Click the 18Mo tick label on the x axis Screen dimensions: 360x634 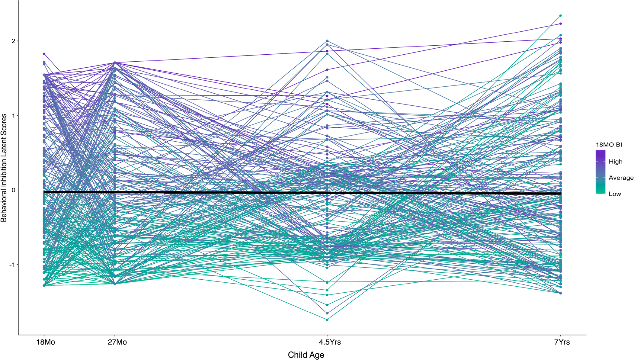click(46, 342)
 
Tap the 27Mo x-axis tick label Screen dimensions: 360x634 click(117, 342)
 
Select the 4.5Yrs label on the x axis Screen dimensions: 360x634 click(330, 342)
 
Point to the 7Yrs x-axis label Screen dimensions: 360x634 click(562, 342)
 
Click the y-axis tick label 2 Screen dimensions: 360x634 click(13, 41)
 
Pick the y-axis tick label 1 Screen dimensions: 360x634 click(13, 116)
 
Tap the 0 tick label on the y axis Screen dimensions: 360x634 click(13, 190)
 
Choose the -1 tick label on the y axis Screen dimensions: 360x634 click(12, 265)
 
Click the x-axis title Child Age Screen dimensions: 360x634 click(306, 355)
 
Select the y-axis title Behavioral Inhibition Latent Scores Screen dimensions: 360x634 click(4, 168)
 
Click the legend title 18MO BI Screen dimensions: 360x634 click(609, 145)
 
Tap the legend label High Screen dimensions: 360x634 click(615, 162)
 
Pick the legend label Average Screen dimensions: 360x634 click(621, 178)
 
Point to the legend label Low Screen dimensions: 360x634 click(615, 194)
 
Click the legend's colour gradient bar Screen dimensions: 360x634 click(600, 172)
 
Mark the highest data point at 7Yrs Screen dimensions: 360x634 click(561, 16)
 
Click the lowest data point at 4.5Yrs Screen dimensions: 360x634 click(327, 320)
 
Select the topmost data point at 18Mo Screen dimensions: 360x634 click(44, 54)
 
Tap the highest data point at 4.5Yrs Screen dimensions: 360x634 click(327, 41)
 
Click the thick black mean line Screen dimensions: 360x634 click(211, 192)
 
